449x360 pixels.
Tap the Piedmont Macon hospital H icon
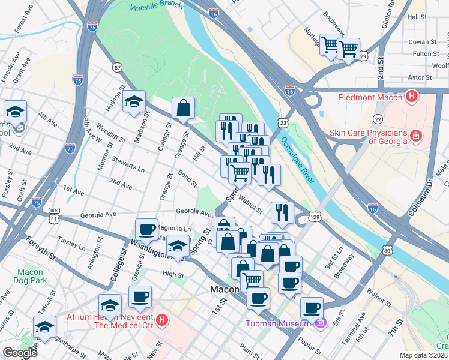[411, 95]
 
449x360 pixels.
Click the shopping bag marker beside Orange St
[183, 109]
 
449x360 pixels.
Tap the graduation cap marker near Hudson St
[134, 101]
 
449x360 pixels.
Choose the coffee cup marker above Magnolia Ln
[146, 229]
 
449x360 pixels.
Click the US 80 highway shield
[387, 250]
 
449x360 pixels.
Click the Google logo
[20, 353]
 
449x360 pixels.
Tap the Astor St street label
[419, 77]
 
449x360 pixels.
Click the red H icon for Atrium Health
[161, 320]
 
